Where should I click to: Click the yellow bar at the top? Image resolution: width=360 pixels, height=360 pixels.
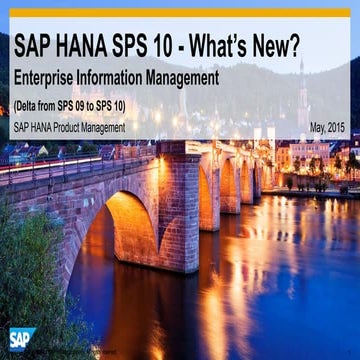tap(180, 12)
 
